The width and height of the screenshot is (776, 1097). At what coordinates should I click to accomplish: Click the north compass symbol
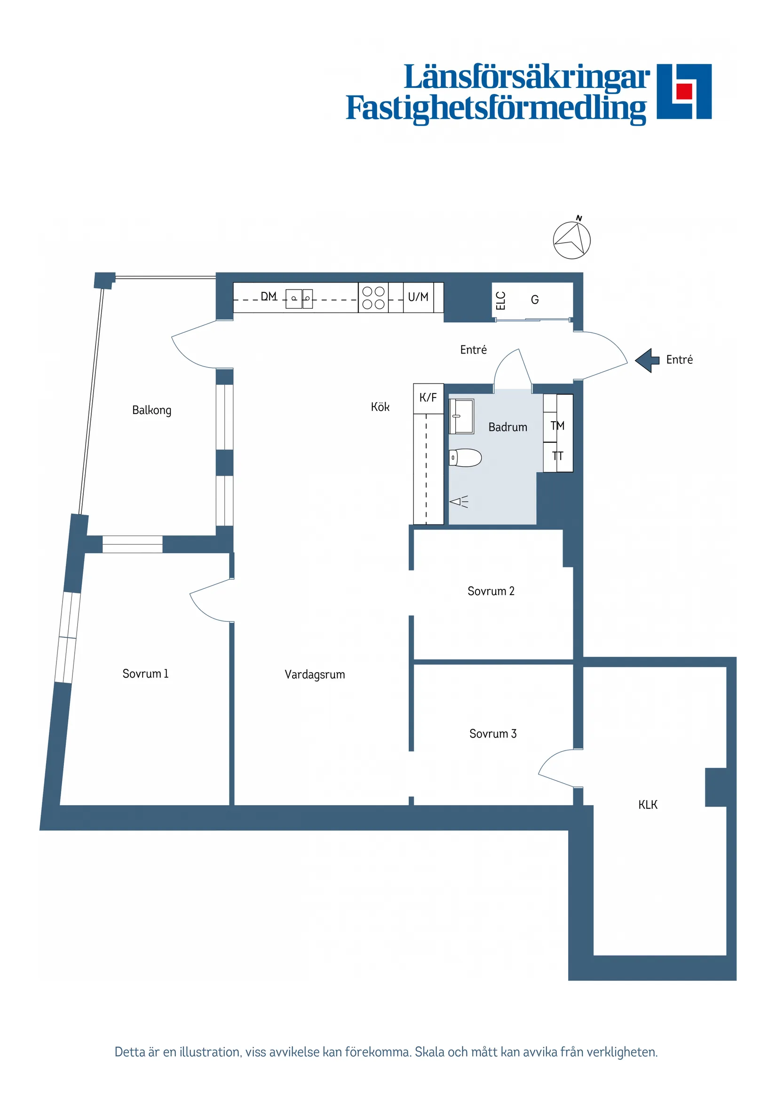(571, 240)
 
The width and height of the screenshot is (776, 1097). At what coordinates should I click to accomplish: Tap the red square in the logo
(684, 91)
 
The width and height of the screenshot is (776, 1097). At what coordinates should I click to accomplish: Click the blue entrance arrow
(647, 360)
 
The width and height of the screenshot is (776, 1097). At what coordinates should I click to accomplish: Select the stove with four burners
(373, 298)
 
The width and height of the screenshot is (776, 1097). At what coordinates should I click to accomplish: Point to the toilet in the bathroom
(465, 457)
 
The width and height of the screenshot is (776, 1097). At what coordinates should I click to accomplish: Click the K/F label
(428, 398)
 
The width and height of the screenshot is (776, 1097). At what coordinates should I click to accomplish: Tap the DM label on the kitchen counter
(269, 297)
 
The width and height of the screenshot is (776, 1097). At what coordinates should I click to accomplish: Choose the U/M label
(418, 297)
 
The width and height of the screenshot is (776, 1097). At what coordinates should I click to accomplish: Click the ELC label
(500, 300)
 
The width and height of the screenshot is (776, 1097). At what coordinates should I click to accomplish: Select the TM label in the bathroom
(557, 425)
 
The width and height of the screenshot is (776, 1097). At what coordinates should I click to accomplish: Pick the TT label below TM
(557, 456)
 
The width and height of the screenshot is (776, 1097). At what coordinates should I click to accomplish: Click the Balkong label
(151, 410)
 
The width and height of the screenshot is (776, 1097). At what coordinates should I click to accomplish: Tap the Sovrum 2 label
(491, 591)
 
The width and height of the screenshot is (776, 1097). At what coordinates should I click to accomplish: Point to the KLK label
(648, 805)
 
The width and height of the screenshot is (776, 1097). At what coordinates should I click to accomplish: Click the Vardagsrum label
(314, 674)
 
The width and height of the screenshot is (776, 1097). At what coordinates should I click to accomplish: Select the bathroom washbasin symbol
(461, 416)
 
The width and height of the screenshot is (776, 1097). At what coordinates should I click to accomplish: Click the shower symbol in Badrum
(459, 501)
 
